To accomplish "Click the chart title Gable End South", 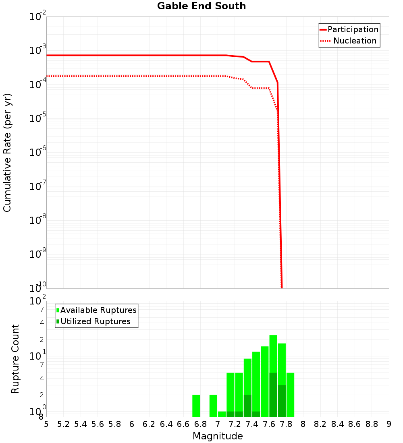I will tap(201, 6).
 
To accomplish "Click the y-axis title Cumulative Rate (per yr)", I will tap(7, 152).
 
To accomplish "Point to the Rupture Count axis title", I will tap(15, 359).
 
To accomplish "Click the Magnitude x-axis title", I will tap(218, 436).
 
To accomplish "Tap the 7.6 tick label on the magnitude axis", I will tap(269, 424).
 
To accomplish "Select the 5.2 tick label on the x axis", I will tap(64, 424).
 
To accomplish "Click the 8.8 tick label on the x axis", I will tap(372, 424).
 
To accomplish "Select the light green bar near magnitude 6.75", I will tap(196, 406).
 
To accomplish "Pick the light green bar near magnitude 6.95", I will tap(213, 406).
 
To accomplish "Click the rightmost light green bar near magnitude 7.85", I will tap(290, 395).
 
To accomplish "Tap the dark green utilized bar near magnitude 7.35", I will tap(247, 406).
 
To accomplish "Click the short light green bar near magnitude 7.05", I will tap(222, 414).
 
